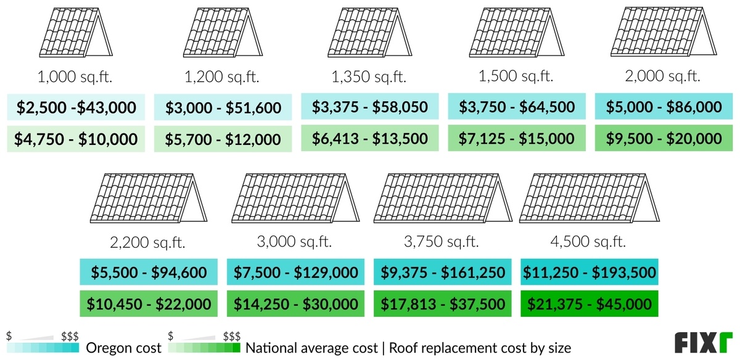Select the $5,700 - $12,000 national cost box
223,139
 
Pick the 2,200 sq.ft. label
149,241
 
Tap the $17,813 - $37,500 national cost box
443,303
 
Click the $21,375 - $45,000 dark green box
590,303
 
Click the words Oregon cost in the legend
124,348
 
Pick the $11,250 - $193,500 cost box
590,272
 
